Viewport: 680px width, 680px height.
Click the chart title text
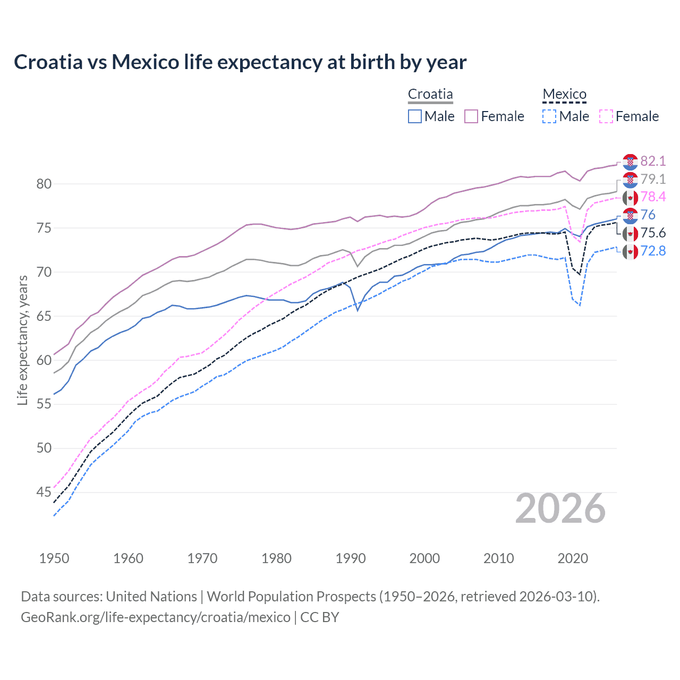240,62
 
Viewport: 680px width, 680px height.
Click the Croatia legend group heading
430,95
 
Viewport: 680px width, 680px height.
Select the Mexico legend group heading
564,95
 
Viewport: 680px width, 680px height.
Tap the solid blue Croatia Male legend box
415,116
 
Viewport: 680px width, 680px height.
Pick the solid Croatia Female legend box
471,116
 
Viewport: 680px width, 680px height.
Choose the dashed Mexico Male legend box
549,116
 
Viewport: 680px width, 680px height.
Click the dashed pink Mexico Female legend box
606,116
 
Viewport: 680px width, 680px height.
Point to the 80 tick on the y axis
44,184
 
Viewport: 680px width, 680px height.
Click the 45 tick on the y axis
44,492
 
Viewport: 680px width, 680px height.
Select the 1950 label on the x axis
54,558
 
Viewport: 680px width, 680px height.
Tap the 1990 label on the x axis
351,558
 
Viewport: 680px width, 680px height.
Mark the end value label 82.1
653,161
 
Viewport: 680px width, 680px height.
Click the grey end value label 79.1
653,179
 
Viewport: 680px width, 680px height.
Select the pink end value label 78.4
653,197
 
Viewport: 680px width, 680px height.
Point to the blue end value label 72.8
653,251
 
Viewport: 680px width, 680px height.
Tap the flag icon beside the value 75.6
630,233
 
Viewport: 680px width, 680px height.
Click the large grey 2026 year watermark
560,509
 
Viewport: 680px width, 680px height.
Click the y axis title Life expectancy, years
23,340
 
